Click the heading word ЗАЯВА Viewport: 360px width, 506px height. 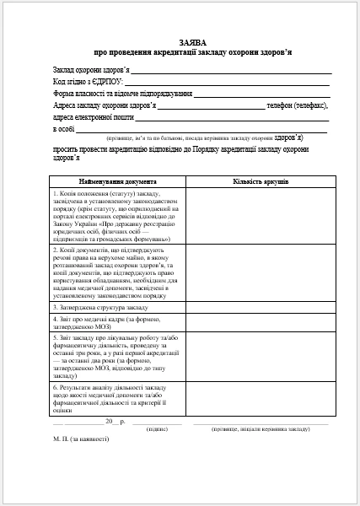click(x=192, y=41)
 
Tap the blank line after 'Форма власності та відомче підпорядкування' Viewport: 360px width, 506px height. click(x=261, y=94)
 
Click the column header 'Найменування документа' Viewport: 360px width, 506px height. click(x=117, y=181)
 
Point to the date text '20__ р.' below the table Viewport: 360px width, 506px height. click(x=115, y=420)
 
